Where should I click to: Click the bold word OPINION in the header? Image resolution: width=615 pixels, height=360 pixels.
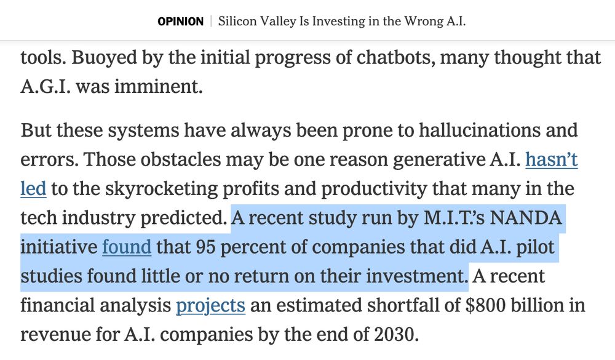click(180, 22)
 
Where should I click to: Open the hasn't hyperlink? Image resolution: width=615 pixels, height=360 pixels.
click(551, 159)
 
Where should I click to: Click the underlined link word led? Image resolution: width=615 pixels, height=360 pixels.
click(33, 188)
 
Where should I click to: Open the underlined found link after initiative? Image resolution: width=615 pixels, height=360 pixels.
click(127, 247)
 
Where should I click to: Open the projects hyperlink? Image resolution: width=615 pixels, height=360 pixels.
click(211, 305)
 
